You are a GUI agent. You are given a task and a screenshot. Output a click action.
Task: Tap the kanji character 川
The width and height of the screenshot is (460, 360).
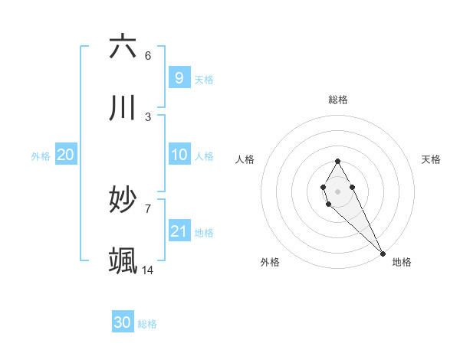click(123, 108)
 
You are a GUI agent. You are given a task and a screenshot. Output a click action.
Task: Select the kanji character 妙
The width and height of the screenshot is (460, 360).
click(123, 200)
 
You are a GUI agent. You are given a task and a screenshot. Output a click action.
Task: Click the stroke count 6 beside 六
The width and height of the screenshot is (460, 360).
click(148, 56)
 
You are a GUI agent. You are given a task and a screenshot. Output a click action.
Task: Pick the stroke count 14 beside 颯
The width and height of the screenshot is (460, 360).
click(148, 270)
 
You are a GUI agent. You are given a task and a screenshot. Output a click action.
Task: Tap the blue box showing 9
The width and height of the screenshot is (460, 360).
click(179, 77)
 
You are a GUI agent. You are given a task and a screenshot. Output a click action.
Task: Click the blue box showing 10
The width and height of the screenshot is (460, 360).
click(179, 155)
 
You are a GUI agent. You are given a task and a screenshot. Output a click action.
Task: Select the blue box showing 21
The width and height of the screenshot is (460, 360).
click(179, 231)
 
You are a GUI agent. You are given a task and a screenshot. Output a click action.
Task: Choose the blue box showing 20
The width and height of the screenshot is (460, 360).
click(65, 155)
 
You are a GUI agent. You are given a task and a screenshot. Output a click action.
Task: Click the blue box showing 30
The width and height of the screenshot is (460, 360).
click(123, 322)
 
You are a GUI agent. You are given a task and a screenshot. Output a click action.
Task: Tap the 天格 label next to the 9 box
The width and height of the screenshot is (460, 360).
click(203, 79)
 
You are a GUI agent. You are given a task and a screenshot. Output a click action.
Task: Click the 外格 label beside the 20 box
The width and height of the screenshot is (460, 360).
click(41, 156)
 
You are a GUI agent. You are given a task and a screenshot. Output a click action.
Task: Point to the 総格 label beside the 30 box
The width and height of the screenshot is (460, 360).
click(147, 324)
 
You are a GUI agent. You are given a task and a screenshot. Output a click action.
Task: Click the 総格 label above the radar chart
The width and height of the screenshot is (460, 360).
click(338, 100)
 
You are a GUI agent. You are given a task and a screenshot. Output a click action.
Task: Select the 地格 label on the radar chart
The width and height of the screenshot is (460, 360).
click(402, 262)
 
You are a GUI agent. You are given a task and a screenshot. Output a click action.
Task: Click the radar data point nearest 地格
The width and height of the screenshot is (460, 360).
click(383, 253)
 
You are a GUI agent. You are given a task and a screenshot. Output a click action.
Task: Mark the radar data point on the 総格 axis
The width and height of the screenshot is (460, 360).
click(337, 160)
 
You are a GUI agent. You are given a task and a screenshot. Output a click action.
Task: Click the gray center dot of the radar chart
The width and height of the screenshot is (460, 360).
click(337, 190)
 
